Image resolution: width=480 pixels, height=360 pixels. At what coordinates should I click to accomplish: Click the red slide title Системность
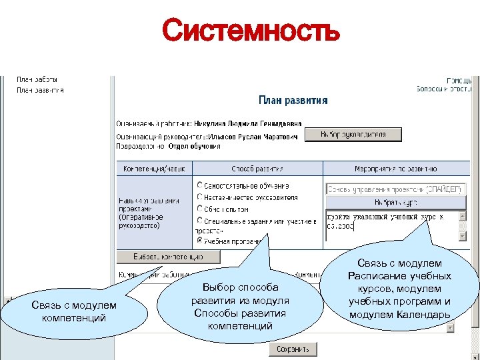point(251,31)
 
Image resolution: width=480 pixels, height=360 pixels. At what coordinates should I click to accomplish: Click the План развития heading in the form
point(293,101)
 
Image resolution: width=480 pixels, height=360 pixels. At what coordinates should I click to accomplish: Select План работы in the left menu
point(37,79)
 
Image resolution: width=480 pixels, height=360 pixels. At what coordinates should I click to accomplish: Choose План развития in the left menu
point(40,90)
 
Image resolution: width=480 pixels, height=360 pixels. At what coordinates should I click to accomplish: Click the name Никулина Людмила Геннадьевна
point(248,123)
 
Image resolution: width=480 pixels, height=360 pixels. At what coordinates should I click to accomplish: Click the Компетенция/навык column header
point(154,169)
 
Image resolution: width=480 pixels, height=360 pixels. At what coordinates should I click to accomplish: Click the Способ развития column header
point(257,169)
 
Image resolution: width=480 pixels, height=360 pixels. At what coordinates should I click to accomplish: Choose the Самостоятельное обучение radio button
point(200,185)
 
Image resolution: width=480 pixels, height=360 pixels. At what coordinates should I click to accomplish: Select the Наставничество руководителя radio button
point(200,197)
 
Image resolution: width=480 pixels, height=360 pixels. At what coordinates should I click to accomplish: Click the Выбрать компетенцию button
point(168,256)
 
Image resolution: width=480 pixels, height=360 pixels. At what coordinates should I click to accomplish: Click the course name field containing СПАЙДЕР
point(395,189)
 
